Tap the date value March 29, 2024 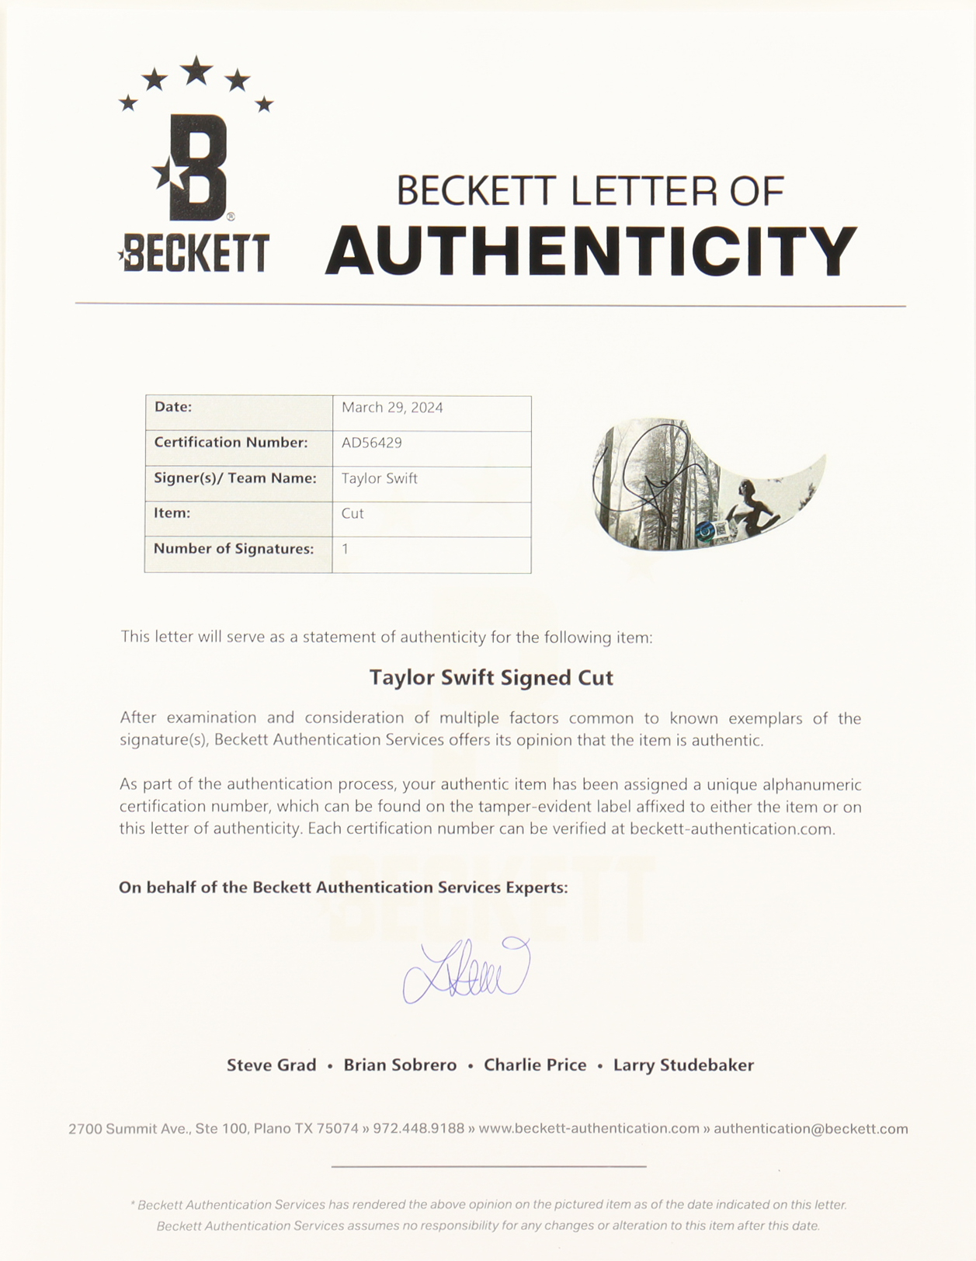tap(392, 408)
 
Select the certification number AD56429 tap(371, 443)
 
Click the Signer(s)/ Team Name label tap(234, 478)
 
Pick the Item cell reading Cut tap(353, 513)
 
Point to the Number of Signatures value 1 tap(346, 549)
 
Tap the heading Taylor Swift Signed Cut tap(491, 678)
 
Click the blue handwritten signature tap(467, 971)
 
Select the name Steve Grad tap(271, 1065)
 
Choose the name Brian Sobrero tap(400, 1065)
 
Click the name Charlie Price tap(535, 1065)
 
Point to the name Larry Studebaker tap(683, 1065)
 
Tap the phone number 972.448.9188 tap(419, 1129)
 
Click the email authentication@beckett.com tap(811, 1129)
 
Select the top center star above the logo tap(197, 71)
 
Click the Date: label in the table tap(173, 407)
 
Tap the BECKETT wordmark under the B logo tap(196, 253)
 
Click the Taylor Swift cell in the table tap(380, 478)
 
